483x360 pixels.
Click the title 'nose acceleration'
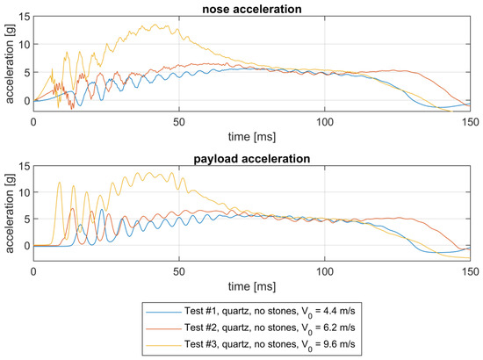[252, 9]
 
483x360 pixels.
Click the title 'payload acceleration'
[252, 159]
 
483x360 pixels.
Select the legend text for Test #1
[270, 312]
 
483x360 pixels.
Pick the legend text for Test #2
[270, 328]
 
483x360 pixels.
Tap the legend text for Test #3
[270, 344]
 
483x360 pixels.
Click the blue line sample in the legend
[163, 312]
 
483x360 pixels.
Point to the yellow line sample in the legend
[163, 345]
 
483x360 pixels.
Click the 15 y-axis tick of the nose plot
[25, 17]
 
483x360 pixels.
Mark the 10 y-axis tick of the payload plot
[25, 192]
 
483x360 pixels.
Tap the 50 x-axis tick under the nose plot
[179, 122]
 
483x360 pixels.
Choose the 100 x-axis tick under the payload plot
[325, 271]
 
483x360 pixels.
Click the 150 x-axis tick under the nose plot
[471, 122]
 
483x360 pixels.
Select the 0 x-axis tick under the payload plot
[33, 271]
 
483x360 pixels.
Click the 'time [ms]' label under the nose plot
[252, 136]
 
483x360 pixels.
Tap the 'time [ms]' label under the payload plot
[252, 286]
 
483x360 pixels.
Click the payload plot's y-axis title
[10, 213]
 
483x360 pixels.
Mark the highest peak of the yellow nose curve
[155, 25]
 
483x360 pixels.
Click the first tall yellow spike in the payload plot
[60, 183]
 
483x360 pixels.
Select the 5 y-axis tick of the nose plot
[28, 73]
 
